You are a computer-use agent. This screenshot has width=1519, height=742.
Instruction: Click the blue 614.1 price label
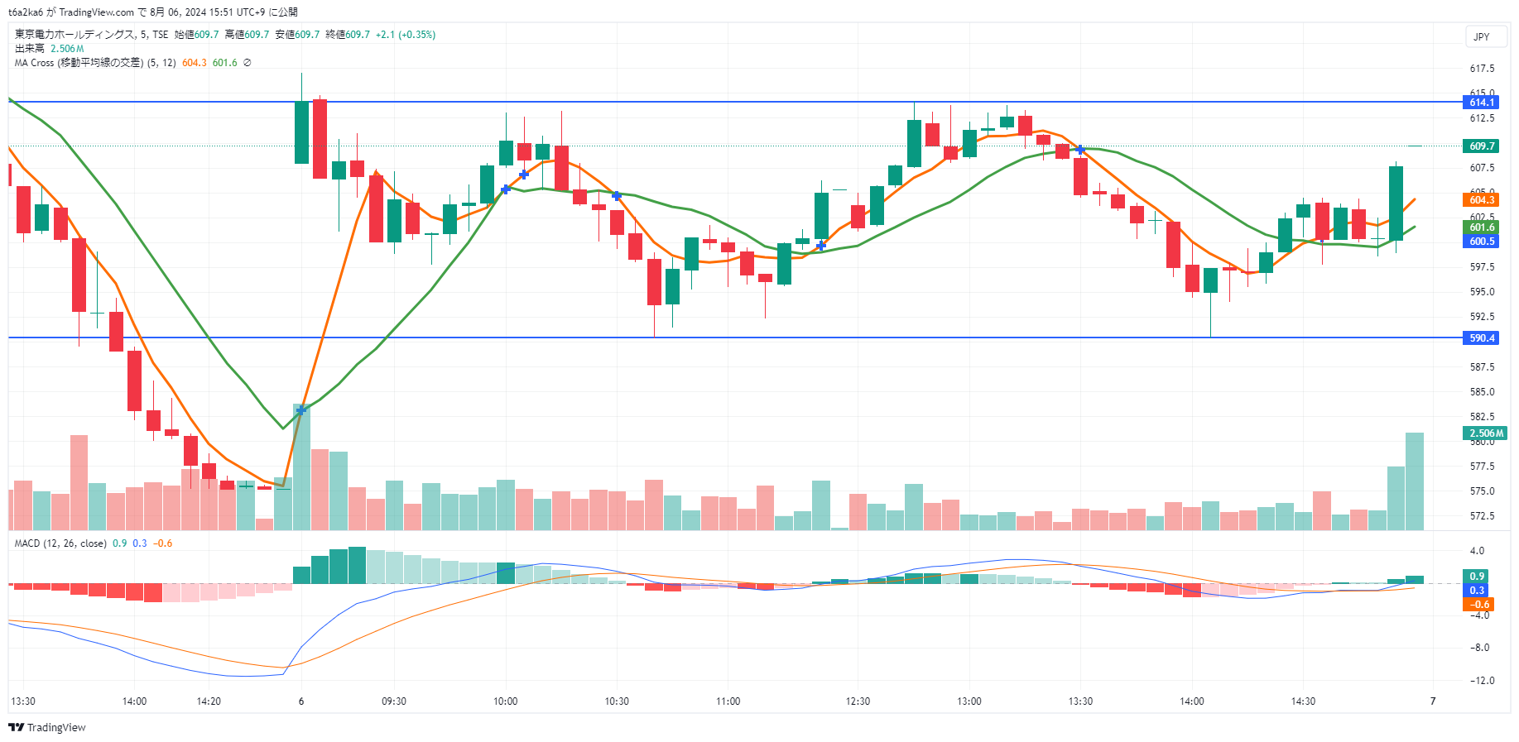[1482, 103]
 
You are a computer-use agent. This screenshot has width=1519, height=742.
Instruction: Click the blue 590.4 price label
[1482, 338]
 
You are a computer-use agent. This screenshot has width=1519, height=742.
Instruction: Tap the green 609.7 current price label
[1482, 146]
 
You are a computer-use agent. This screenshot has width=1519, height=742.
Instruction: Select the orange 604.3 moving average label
[1482, 200]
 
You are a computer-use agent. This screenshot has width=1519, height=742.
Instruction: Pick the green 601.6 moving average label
[1482, 227]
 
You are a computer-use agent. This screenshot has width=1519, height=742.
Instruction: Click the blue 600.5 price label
[1482, 242]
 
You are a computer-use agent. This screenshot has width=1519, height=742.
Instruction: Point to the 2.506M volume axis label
[1486, 433]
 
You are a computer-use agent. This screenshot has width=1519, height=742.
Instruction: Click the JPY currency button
[1482, 36]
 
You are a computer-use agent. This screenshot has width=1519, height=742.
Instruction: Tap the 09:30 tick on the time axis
[394, 701]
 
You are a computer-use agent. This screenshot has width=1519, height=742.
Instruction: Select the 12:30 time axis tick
[858, 701]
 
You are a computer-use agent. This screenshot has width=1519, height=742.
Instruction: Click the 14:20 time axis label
[209, 701]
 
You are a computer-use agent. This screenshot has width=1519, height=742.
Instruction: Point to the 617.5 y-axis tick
[1482, 69]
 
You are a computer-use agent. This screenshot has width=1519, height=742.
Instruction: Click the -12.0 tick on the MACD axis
[1482, 681]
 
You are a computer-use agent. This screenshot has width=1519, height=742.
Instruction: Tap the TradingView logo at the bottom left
[47, 728]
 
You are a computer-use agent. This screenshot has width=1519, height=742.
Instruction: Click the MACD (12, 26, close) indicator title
[60, 543]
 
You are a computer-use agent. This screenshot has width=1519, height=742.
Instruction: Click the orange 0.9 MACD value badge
[1477, 577]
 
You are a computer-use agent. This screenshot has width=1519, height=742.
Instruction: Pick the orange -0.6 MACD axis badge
[1480, 605]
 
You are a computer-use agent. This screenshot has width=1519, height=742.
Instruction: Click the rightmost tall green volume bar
[1414, 481]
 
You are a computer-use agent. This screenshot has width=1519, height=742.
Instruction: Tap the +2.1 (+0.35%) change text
[405, 35]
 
